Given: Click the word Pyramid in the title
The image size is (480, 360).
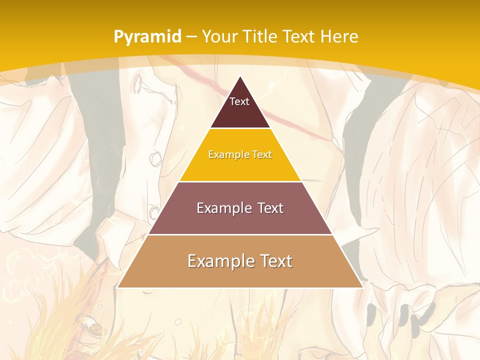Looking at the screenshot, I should [x=147, y=37].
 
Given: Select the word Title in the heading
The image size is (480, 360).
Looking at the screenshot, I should [x=262, y=36].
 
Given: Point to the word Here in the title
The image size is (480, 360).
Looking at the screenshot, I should [x=339, y=36].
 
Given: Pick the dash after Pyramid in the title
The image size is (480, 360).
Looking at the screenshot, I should [x=191, y=37].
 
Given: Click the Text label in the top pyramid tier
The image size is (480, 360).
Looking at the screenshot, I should [x=239, y=101].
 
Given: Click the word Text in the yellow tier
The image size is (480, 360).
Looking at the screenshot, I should [x=262, y=154].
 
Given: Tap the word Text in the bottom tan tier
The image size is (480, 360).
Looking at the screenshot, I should [x=274, y=261].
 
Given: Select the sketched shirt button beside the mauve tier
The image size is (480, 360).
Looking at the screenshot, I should [x=154, y=213].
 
